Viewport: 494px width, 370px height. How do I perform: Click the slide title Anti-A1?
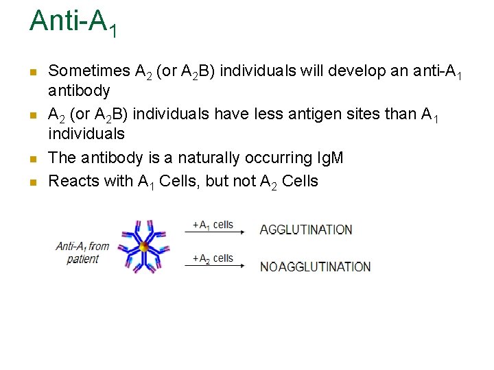tap(73, 22)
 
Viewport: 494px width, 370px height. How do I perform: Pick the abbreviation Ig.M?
tap(339, 158)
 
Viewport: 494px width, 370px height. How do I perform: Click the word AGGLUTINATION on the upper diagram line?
tap(306, 230)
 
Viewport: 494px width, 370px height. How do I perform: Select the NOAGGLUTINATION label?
tap(315, 267)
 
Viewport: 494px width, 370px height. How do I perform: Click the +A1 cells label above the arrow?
tap(213, 225)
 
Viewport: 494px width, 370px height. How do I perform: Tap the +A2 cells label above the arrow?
tap(213, 258)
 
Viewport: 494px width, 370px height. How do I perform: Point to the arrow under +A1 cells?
tap(214, 234)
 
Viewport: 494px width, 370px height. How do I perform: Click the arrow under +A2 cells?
tap(214, 267)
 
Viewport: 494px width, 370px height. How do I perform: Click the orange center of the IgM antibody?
tap(144, 247)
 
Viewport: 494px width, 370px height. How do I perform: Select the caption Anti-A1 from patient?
tap(83, 252)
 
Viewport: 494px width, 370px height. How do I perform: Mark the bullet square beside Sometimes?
tap(33, 71)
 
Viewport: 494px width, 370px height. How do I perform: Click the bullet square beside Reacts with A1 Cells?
tap(33, 182)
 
